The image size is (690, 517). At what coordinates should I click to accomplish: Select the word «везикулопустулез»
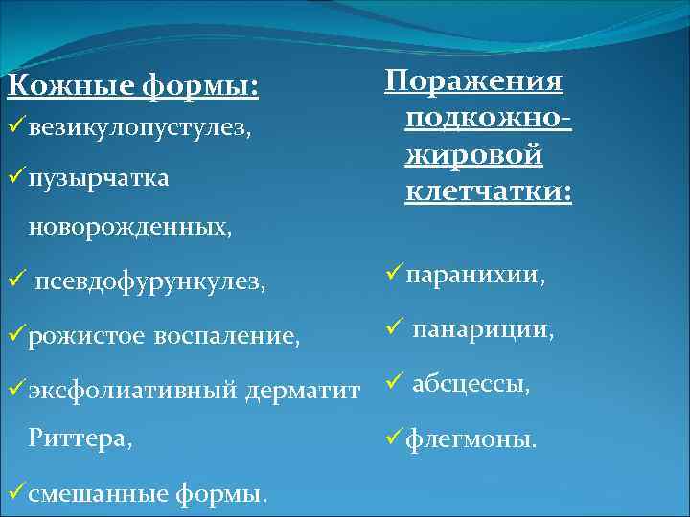click(x=138, y=128)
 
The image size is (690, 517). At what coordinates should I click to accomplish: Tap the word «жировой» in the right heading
click(x=473, y=155)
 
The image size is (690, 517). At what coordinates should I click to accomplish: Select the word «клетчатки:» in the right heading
click(x=489, y=192)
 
